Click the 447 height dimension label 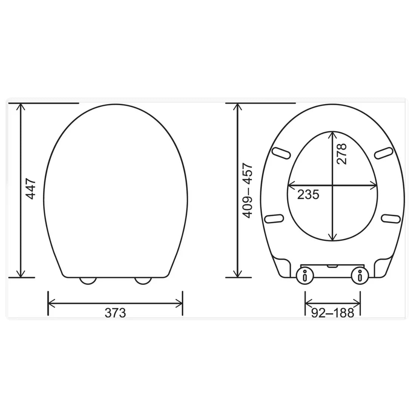pyautogui.click(x=31, y=189)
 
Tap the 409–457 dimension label pyautogui.click(x=247, y=191)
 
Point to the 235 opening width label pyautogui.click(x=308, y=195)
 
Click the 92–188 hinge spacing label pyautogui.click(x=333, y=313)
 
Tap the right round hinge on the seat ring pyautogui.click(x=360, y=276)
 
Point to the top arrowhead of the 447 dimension pyautogui.click(x=21, y=106)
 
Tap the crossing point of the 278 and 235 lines pyautogui.click(x=332, y=186)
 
